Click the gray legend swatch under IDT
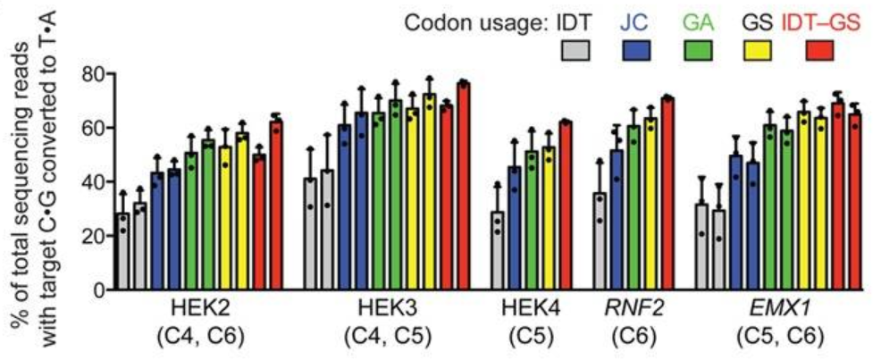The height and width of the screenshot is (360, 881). (576, 52)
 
